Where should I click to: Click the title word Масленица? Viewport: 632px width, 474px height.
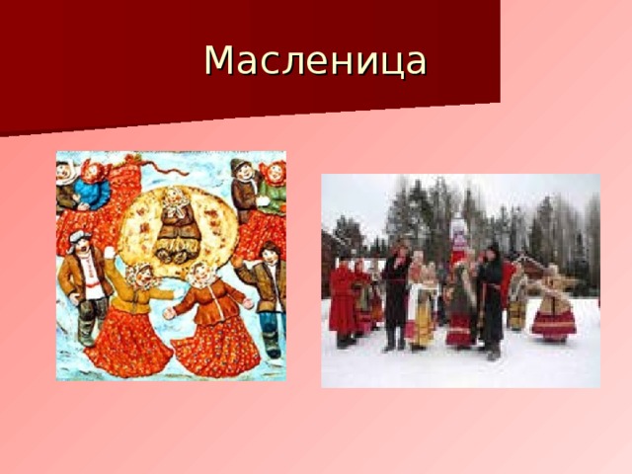point(315,61)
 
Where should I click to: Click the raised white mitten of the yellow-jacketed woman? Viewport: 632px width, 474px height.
point(109,253)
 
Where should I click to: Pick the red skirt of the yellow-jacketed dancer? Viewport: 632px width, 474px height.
point(129,341)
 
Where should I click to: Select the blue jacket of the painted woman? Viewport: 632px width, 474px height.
point(95,193)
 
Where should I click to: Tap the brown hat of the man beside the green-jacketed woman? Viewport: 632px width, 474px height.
point(240,165)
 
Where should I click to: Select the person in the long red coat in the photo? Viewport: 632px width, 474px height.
point(344,301)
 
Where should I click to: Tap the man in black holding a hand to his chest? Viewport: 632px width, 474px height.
point(396,296)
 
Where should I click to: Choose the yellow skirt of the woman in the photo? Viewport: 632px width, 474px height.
point(421,326)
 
